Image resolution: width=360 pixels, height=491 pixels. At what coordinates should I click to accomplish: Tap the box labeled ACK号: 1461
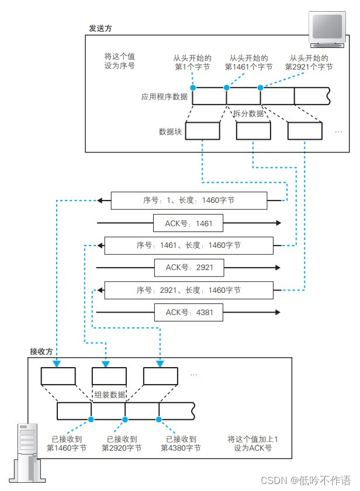(x=189, y=223)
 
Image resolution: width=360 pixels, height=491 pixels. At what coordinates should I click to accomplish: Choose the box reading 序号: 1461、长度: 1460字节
(x=188, y=245)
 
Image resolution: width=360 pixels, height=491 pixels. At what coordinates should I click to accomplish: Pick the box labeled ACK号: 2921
(x=189, y=268)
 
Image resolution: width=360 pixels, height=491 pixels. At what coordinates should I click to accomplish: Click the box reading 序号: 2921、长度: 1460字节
(x=188, y=290)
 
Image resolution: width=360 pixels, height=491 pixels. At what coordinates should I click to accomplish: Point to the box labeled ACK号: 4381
(x=189, y=312)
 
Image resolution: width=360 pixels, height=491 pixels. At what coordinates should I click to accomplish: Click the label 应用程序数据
(x=165, y=97)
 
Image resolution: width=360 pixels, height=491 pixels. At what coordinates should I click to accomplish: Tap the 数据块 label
(x=170, y=132)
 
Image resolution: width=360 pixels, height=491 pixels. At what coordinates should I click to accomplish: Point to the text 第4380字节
(x=181, y=448)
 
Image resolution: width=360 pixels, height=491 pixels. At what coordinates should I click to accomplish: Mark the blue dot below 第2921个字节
(x=261, y=87)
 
